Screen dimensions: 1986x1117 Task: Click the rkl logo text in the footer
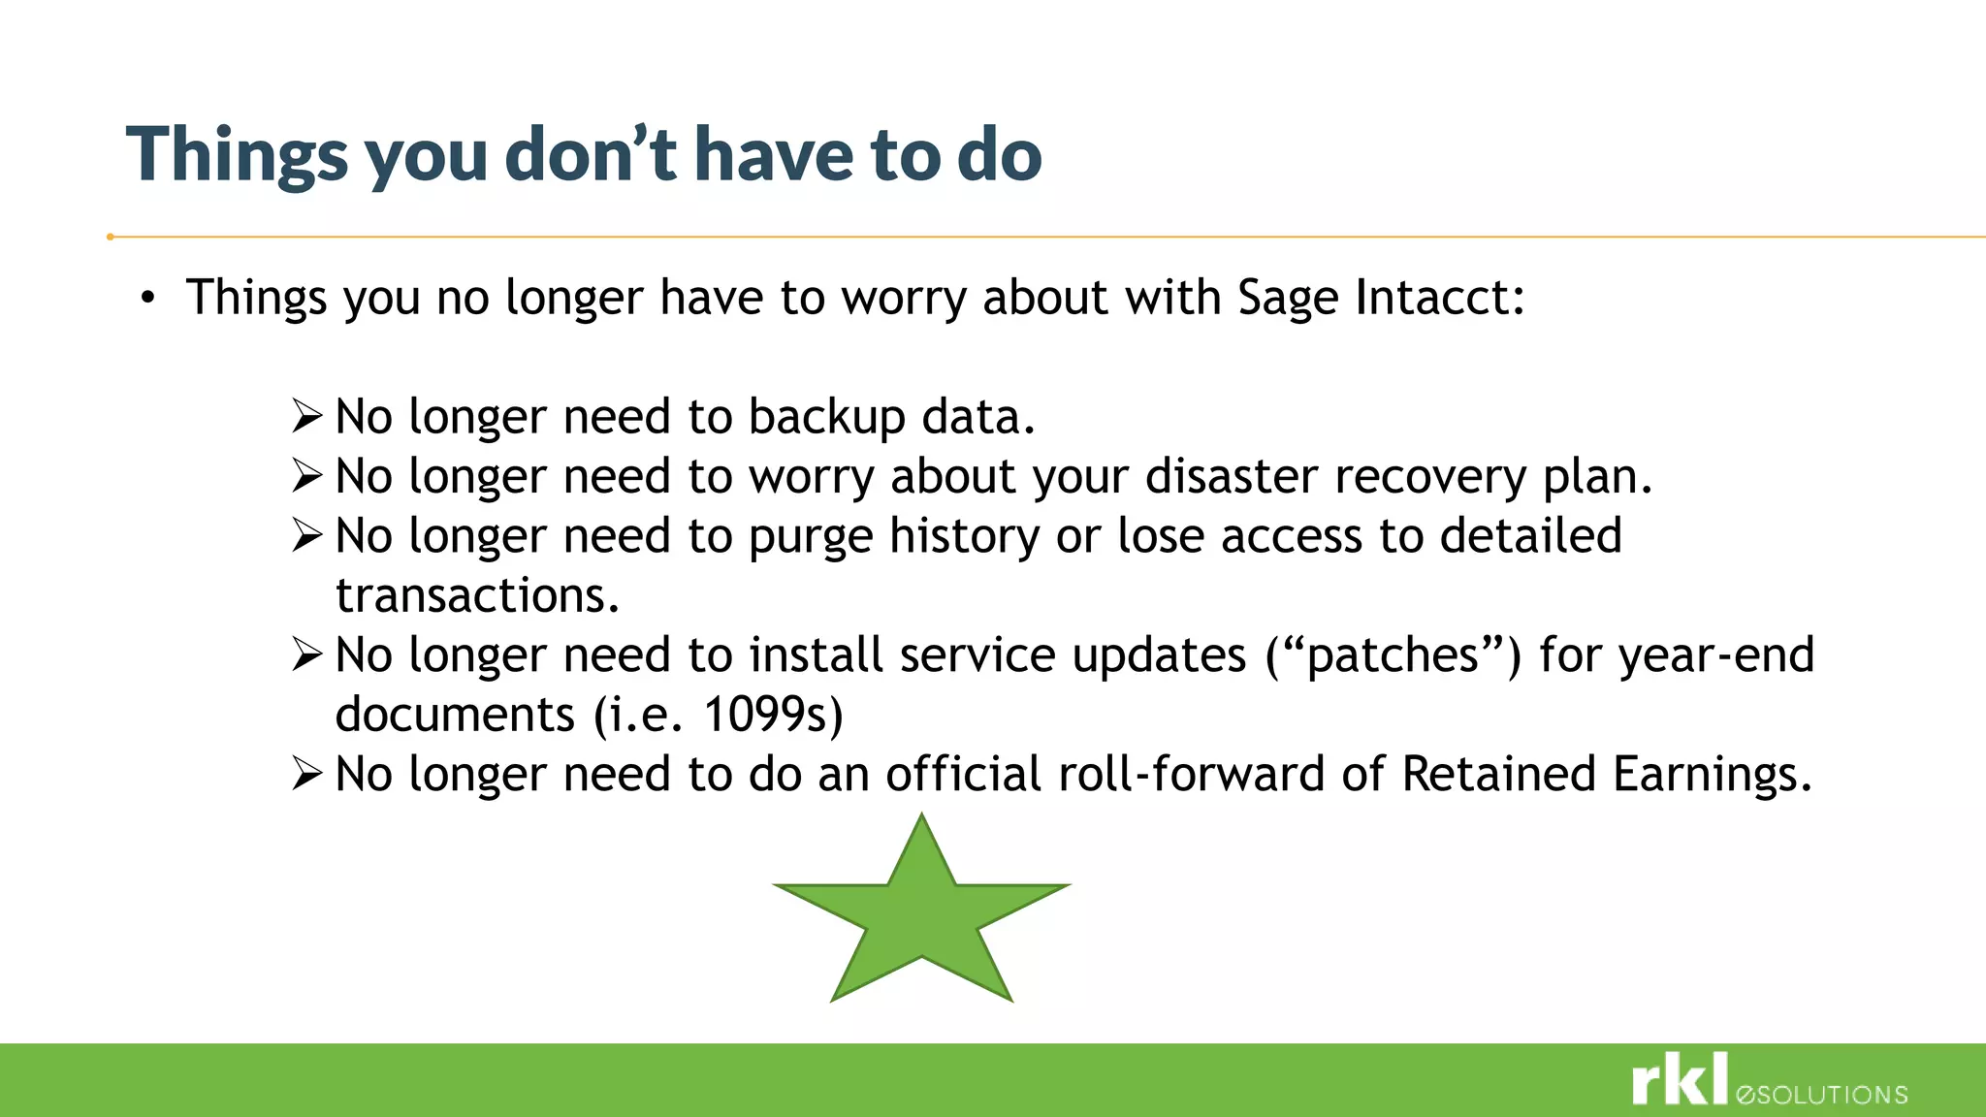1680,1080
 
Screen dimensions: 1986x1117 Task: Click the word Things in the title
237,155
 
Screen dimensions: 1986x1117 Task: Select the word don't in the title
591,155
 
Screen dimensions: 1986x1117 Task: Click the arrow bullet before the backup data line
306,417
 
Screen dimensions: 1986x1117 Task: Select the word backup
826,417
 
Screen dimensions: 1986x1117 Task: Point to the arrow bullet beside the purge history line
306,535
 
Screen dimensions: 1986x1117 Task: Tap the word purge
811,537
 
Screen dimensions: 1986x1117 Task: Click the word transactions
477,595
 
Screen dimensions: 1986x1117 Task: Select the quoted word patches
1393,655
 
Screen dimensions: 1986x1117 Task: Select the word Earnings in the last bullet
1711,775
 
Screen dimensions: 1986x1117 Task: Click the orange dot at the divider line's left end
111,237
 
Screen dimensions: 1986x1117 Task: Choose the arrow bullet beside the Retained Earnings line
306,774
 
